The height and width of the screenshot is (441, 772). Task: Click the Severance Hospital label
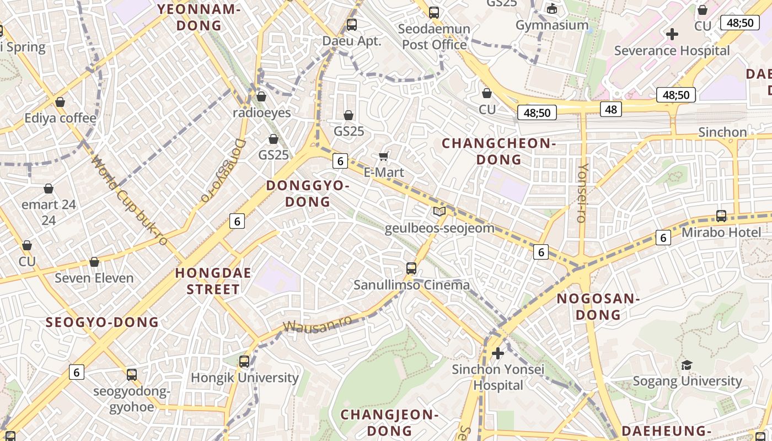[x=672, y=51]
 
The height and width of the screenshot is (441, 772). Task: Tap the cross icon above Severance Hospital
[x=672, y=34]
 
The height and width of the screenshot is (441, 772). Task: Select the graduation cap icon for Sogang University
[x=687, y=365]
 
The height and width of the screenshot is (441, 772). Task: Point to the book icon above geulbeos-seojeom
[x=439, y=211]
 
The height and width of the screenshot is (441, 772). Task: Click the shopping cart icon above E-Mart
[x=384, y=157]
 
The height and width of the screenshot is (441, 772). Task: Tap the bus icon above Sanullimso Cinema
[x=411, y=268]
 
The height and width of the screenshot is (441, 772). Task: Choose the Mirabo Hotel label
[x=721, y=232]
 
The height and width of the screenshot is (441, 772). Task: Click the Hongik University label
[x=244, y=378]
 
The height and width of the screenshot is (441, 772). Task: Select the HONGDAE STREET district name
[x=213, y=281]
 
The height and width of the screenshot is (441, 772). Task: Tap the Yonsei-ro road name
[x=582, y=193]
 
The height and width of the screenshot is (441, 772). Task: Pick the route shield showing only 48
[x=611, y=109]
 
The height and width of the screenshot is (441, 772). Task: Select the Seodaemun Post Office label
[x=435, y=36]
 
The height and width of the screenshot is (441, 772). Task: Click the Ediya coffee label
[x=60, y=118]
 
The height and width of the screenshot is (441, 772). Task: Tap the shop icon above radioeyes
[x=261, y=96]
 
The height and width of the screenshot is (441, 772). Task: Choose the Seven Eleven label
[x=94, y=278]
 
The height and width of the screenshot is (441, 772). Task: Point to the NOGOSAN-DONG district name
[x=598, y=306]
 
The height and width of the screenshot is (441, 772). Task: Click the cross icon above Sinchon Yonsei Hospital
[x=498, y=353]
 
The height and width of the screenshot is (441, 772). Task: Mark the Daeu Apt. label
[x=352, y=41]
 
